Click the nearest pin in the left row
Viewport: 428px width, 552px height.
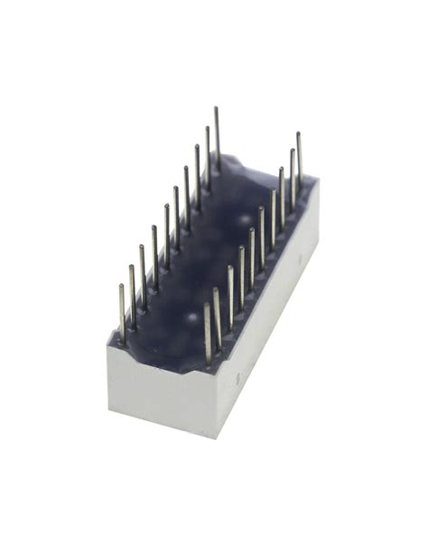click(122, 312)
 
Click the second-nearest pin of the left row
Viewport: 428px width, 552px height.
click(133, 292)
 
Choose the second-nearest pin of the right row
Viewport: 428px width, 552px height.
click(218, 316)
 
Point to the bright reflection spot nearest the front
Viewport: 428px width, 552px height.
click(191, 318)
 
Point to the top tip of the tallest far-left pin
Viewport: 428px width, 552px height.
click(216, 108)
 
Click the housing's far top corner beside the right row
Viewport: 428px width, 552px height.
click(315, 180)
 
